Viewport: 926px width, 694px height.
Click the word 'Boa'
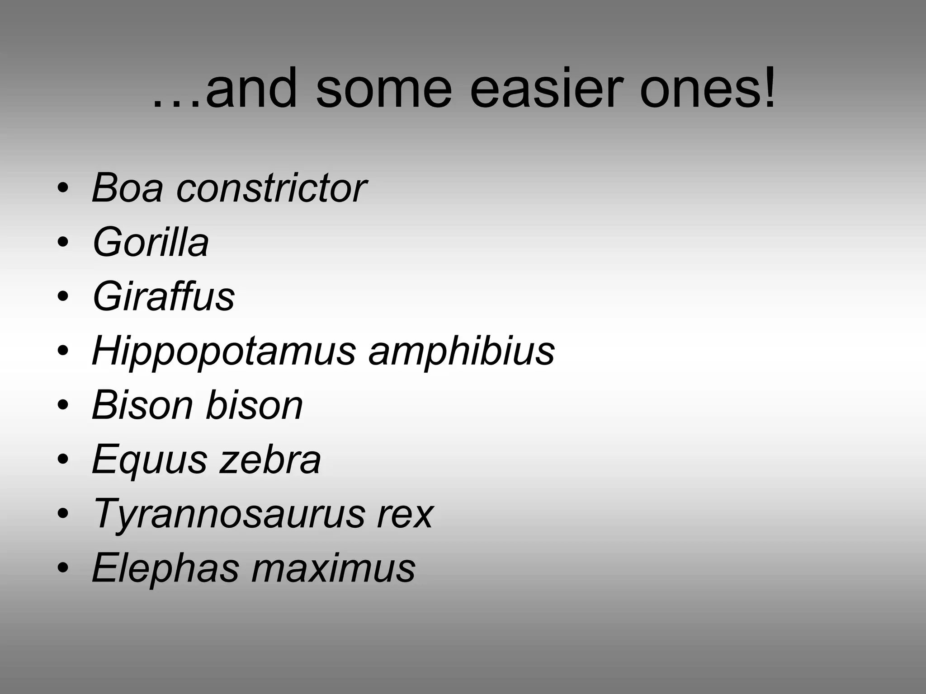[x=128, y=188]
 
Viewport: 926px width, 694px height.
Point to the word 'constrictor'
[x=271, y=188]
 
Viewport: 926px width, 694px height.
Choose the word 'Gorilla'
[x=151, y=243]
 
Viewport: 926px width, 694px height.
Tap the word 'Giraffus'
[x=163, y=297]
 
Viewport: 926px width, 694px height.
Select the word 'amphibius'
[x=462, y=351]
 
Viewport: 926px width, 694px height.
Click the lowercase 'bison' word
[x=254, y=405]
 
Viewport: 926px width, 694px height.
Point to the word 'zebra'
[x=270, y=460]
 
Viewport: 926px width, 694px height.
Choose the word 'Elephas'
[x=165, y=568]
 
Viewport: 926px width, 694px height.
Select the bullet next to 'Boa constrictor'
[x=63, y=188]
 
